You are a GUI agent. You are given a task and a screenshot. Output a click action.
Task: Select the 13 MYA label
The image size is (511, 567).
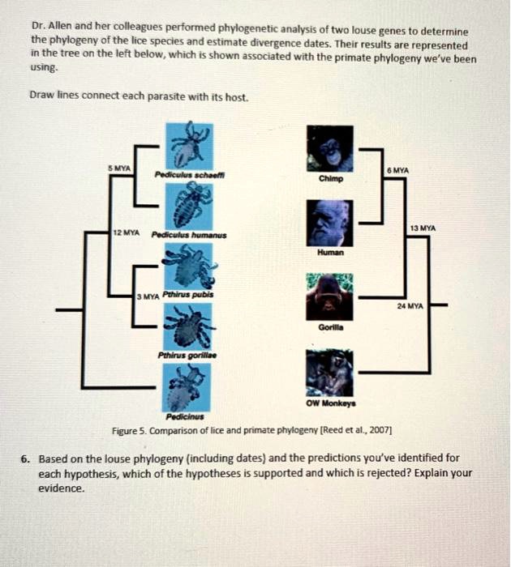[x=422, y=229]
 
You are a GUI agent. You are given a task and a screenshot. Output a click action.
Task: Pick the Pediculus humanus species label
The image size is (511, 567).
[x=195, y=234]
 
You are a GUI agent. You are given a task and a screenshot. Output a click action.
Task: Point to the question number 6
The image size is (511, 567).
[x=26, y=458]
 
